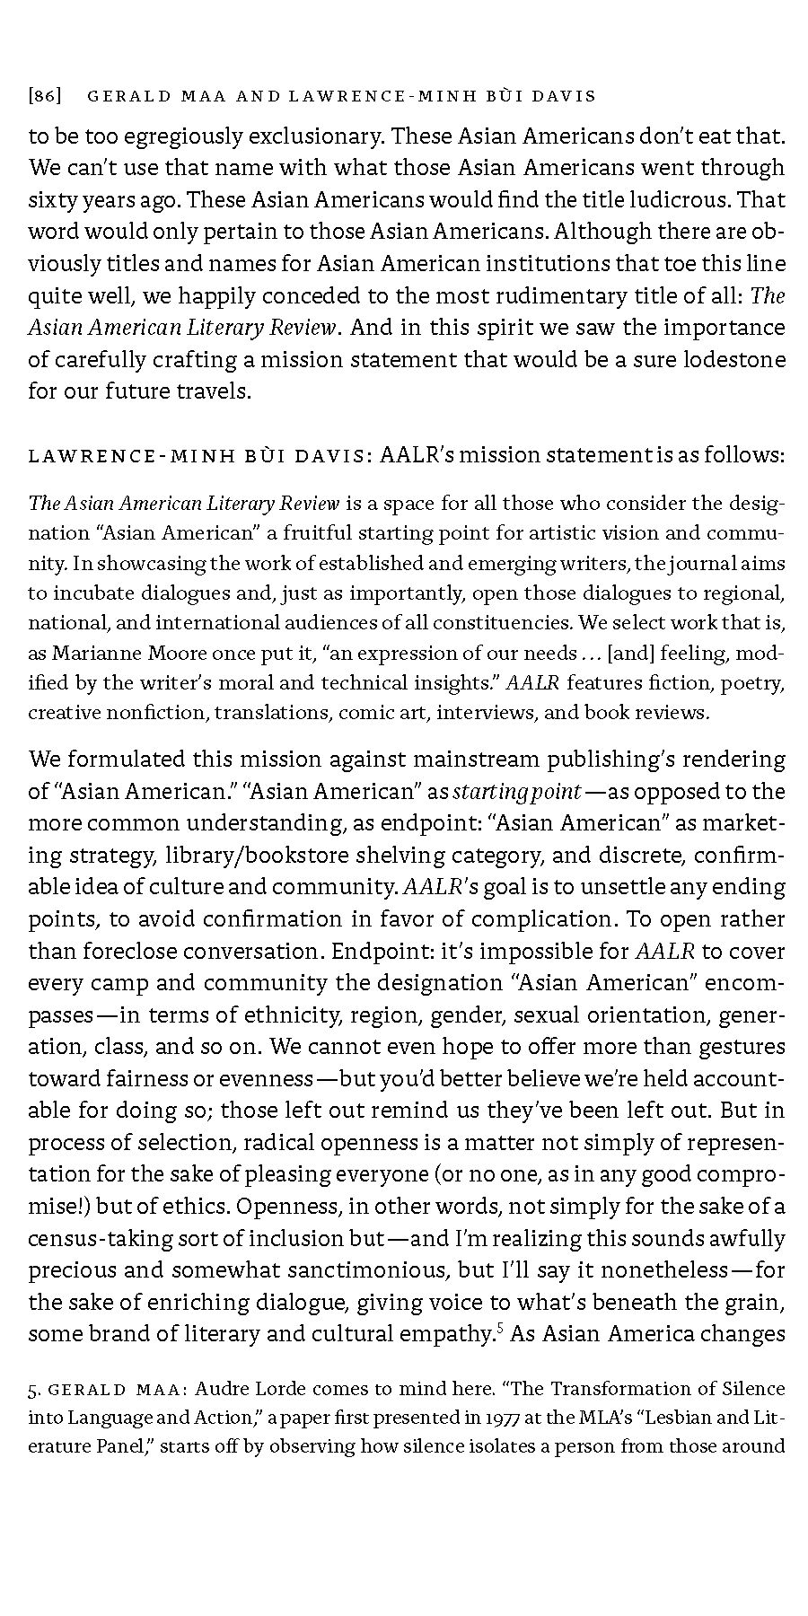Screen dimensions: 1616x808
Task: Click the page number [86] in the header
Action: pos(45,95)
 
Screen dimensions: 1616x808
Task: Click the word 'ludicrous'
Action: pos(689,199)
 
